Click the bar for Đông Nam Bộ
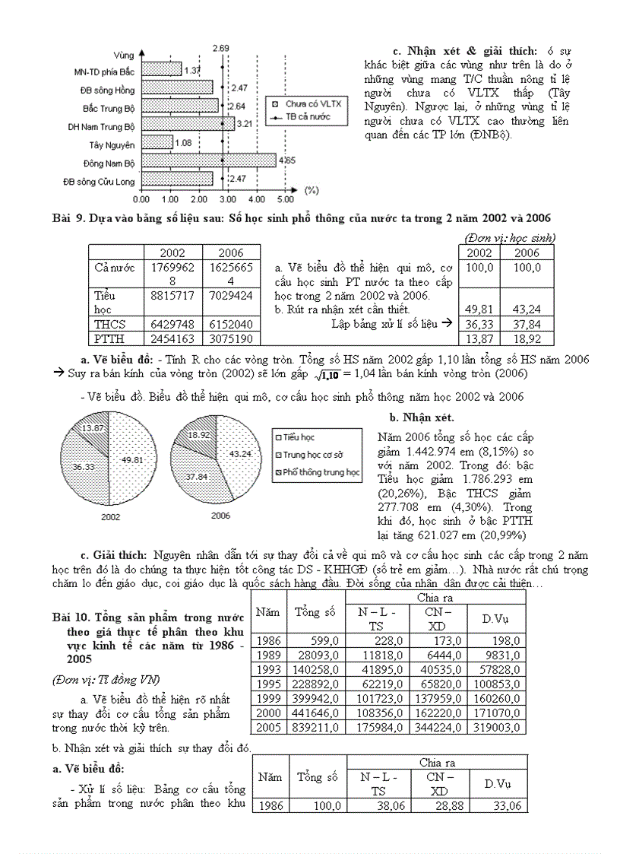coord(208,160)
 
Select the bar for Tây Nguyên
coord(157,142)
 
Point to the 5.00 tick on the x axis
coord(285,199)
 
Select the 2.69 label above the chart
coord(221,48)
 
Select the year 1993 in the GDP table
coord(269,670)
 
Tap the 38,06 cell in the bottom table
coord(378,806)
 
